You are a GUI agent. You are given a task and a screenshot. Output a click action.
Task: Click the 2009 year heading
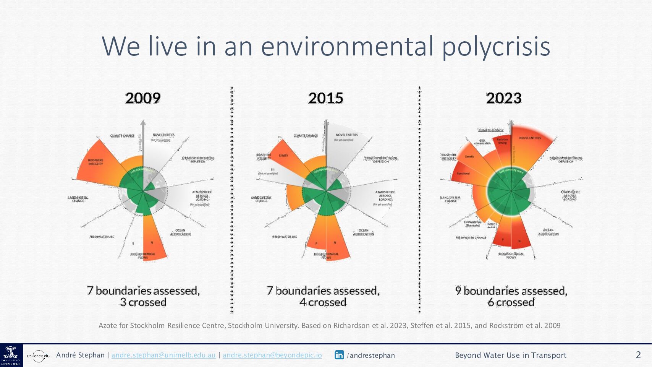(x=143, y=98)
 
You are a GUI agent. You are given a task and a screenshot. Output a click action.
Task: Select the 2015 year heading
(x=326, y=98)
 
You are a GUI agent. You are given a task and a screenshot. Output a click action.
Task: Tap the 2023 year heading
(x=504, y=98)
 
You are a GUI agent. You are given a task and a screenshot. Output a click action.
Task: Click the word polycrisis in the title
(x=496, y=46)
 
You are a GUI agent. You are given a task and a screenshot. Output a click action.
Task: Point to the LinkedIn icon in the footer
(x=339, y=355)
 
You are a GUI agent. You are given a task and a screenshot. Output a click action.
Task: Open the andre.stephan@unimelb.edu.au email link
(x=163, y=355)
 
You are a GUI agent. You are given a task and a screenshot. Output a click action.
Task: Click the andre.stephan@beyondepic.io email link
(x=272, y=355)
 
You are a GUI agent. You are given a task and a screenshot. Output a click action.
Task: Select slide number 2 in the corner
(x=638, y=355)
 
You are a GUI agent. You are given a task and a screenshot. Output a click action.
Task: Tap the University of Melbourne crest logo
(x=11, y=356)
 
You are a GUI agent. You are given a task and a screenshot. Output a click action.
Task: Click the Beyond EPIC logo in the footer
(x=39, y=356)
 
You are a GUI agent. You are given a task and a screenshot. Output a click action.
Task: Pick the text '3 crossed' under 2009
(x=143, y=302)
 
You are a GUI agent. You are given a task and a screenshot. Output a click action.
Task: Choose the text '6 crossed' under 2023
(x=511, y=302)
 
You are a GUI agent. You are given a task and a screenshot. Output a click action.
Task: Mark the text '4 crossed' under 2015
(x=323, y=302)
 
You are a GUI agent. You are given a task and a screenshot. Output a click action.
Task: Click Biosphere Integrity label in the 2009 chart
(x=95, y=162)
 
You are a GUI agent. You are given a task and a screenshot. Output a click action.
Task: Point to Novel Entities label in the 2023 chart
(x=530, y=138)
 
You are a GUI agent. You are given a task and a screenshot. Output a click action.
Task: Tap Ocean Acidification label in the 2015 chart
(x=363, y=232)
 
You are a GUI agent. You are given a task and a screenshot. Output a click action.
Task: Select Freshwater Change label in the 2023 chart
(x=471, y=238)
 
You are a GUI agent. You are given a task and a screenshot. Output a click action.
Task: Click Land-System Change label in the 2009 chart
(x=78, y=199)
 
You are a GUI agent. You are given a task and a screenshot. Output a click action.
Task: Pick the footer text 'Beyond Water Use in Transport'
(x=510, y=355)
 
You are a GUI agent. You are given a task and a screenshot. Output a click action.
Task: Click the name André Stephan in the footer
(x=80, y=355)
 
